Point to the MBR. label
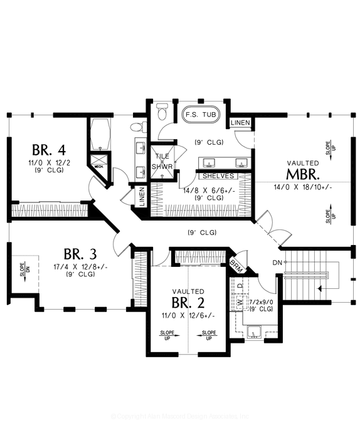(x=303, y=173)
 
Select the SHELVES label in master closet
(x=218, y=176)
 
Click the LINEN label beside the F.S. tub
(x=241, y=122)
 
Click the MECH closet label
(x=98, y=167)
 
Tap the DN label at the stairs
(x=278, y=263)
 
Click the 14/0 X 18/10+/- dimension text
(x=303, y=187)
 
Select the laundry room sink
(x=255, y=331)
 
